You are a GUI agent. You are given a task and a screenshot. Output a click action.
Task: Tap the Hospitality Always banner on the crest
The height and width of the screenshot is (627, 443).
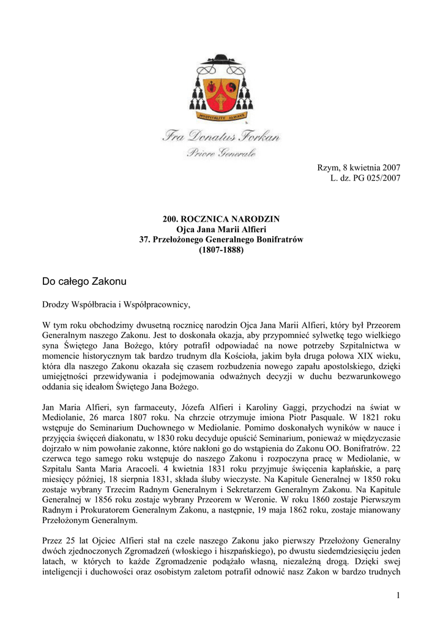[x=221, y=115]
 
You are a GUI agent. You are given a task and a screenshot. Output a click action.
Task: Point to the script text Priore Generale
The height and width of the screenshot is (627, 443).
[x=221, y=152]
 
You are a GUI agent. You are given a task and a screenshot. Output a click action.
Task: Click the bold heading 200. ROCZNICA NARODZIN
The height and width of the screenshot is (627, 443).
[x=221, y=219]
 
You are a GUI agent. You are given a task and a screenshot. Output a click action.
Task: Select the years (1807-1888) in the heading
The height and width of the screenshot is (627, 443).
[x=221, y=250]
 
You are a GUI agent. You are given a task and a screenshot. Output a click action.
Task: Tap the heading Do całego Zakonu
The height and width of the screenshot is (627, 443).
[x=84, y=282]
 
